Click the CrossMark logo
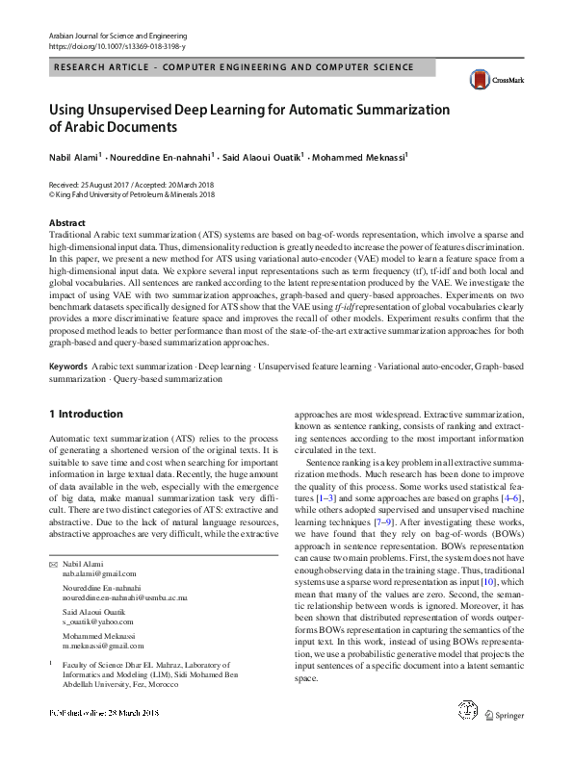pos(488,80)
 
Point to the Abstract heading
pos(65,222)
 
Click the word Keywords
pos(68,368)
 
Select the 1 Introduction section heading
pos(86,414)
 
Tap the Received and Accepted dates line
pos(131,183)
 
